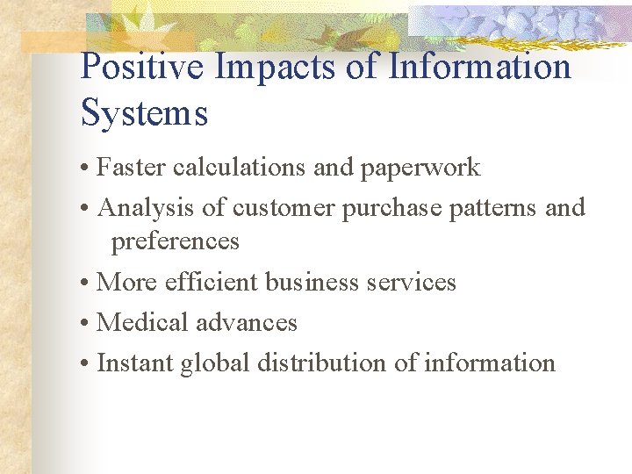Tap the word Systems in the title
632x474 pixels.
[x=144, y=113]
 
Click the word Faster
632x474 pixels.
[x=132, y=167]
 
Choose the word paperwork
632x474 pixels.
[x=420, y=168]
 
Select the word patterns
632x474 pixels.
[x=493, y=209]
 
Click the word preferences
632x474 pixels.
[x=175, y=241]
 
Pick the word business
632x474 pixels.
[x=308, y=282]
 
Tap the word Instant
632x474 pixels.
[x=135, y=363]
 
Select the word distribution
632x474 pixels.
[x=321, y=363]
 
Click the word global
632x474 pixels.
[x=214, y=363]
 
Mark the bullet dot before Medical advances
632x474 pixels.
[x=86, y=324]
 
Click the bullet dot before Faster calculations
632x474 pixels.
[x=86, y=169]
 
